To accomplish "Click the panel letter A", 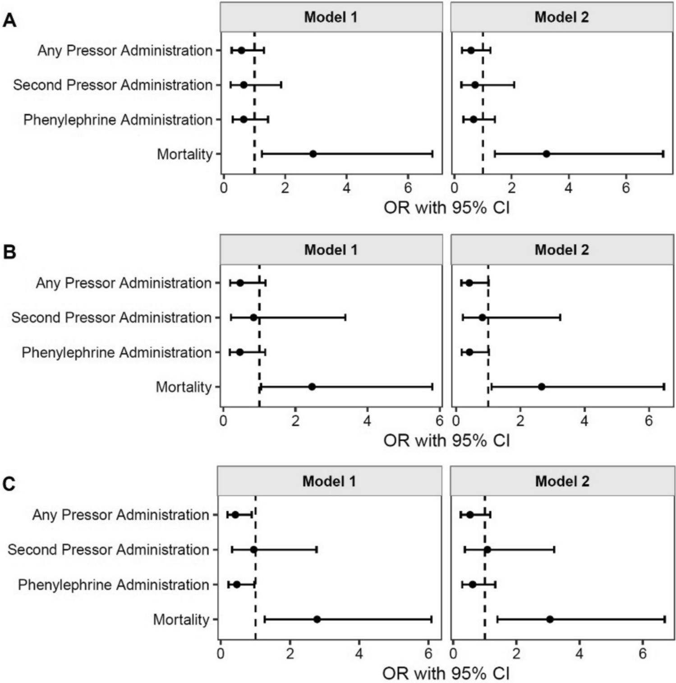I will (x=9, y=21).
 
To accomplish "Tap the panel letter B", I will (x=9, y=253).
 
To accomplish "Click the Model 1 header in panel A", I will (x=331, y=18).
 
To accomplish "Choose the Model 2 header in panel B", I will (x=561, y=250).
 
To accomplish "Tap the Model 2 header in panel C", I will (x=562, y=481).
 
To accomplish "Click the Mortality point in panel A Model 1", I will (x=313, y=154).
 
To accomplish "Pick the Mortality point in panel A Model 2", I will (x=546, y=154).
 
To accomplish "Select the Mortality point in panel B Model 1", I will (x=312, y=387).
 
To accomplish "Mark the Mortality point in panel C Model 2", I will (x=550, y=619).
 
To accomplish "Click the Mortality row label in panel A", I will (x=184, y=154).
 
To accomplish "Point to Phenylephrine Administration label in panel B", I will (x=116, y=352).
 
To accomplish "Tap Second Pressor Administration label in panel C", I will (x=108, y=550).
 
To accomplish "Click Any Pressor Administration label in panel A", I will (x=125, y=51).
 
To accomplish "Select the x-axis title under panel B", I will (x=446, y=441).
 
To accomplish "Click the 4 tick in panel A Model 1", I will (x=346, y=188).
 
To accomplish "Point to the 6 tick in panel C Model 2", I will (x=643, y=653).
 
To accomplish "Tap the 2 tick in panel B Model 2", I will (x=520, y=421).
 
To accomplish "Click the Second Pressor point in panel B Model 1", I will (x=253, y=318).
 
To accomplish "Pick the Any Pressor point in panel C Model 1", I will (x=235, y=515).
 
